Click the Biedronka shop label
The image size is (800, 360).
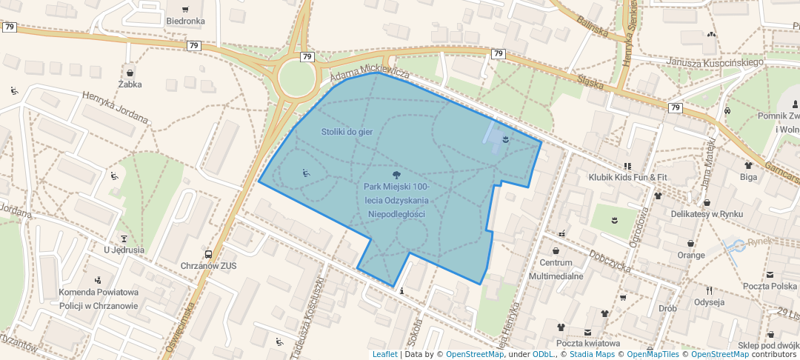185,21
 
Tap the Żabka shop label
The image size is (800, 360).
130,84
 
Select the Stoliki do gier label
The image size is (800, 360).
346,132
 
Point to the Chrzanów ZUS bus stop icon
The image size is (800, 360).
208,254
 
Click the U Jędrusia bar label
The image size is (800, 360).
124,250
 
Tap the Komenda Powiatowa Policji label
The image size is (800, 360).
99,299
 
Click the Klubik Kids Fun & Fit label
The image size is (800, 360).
627,178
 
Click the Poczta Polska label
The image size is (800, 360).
770,286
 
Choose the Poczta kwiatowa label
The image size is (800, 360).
587,343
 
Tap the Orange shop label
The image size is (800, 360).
691,255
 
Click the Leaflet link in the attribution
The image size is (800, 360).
384,354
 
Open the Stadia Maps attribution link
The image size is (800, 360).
592,354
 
